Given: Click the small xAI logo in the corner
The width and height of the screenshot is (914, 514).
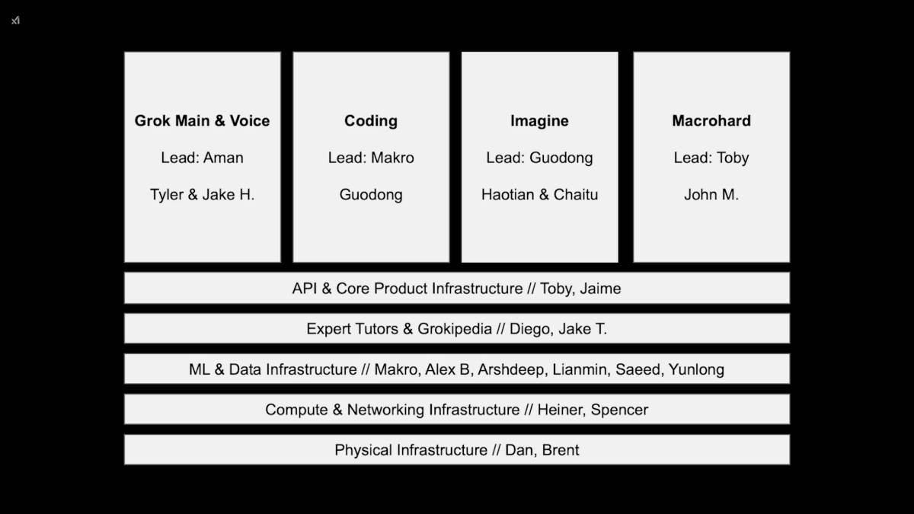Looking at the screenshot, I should click(15, 21).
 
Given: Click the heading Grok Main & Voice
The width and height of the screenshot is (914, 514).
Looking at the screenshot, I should click(202, 120).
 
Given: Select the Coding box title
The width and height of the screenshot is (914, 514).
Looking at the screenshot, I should click(371, 120).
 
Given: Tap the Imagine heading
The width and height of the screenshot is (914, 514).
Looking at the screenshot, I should click(539, 120).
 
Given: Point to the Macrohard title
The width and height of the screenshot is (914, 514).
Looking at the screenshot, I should click(711, 120).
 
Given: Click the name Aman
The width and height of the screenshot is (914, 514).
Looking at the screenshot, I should click(223, 158).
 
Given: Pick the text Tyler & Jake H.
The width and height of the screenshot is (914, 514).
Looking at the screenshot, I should click(202, 194).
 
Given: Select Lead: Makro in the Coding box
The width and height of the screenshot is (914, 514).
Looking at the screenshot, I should click(371, 158).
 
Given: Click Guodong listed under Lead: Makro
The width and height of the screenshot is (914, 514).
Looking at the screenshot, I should click(371, 194).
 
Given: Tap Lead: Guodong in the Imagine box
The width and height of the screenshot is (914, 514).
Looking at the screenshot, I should click(539, 158).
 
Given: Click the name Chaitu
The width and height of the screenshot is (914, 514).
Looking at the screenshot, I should click(576, 194).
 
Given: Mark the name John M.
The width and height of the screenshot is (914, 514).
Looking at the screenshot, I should click(711, 194).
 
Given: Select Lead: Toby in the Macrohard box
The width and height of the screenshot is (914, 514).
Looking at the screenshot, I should click(711, 158).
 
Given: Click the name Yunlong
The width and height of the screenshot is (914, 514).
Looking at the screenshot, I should click(696, 369).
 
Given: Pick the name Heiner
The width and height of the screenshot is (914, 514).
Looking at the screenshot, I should click(559, 410).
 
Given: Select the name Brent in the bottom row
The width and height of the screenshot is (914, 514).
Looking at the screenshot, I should click(561, 450).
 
